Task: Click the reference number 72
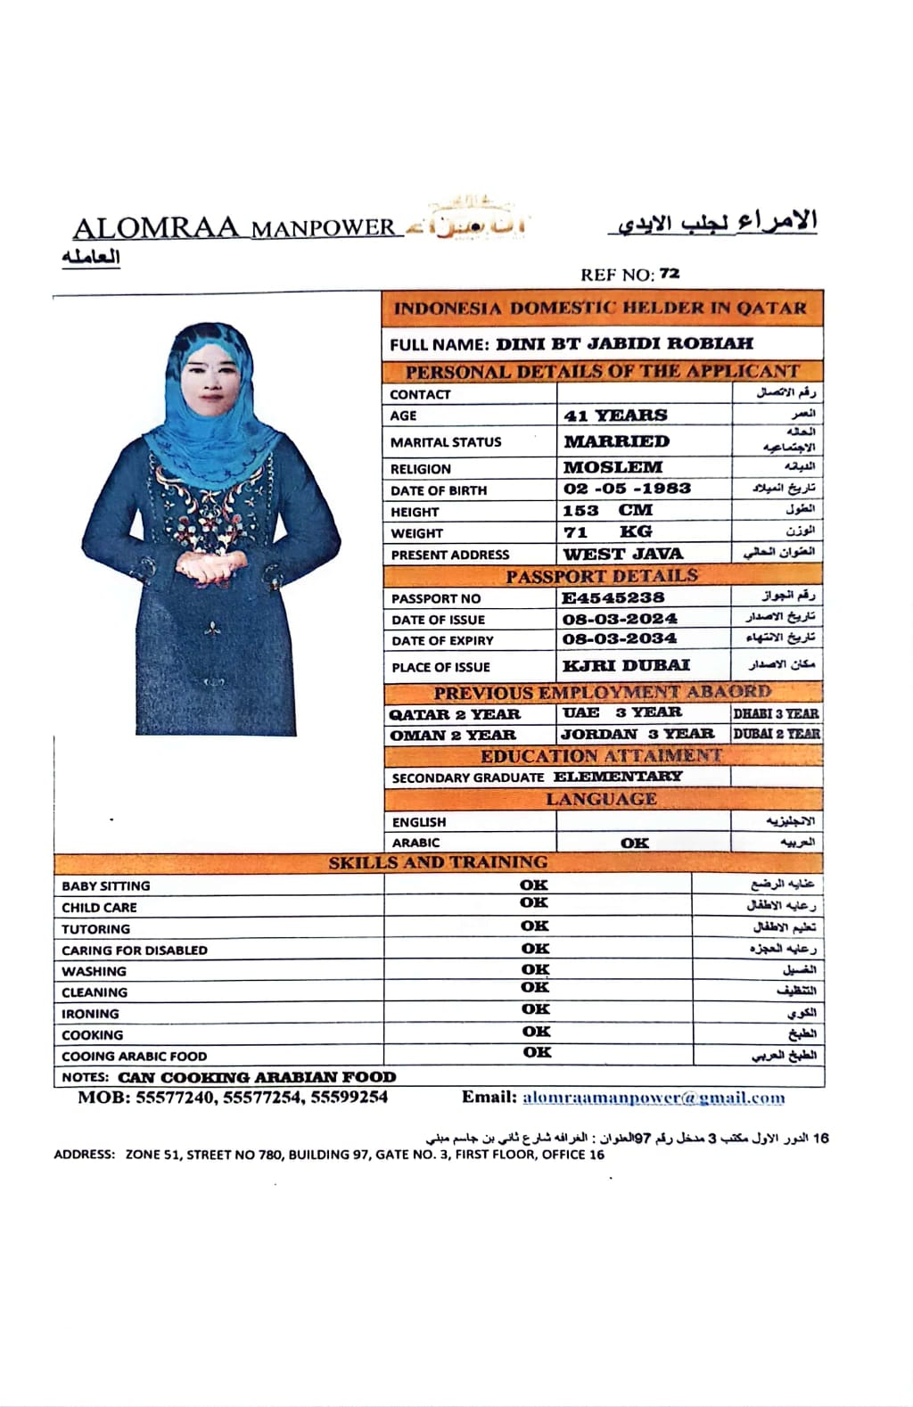[670, 274]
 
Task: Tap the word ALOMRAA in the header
[156, 228]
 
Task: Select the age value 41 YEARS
[615, 416]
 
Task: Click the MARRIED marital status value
[616, 441]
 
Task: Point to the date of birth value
[627, 489]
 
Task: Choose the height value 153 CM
[607, 511]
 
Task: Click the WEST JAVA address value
[622, 554]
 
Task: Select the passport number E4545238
[613, 597]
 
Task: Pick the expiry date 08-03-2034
[620, 639]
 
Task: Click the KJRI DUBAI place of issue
[626, 666]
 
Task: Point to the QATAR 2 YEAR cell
[455, 714]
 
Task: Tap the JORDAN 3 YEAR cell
[637, 735]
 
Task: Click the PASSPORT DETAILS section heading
[602, 577]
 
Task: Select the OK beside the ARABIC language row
[635, 843]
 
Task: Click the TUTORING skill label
[95, 929]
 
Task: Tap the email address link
[654, 1098]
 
